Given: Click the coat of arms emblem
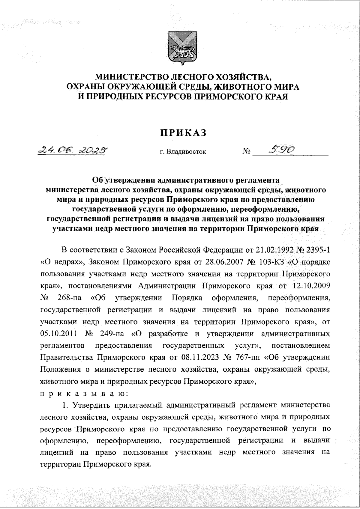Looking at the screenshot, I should pyautogui.click(x=181, y=49).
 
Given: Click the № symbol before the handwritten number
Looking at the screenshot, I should pyautogui.click(x=246, y=152).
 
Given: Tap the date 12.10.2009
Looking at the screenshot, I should pyautogui.click(x=310, y=286).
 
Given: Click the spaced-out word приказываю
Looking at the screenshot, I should pyautogui.click(x=85, y=393).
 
